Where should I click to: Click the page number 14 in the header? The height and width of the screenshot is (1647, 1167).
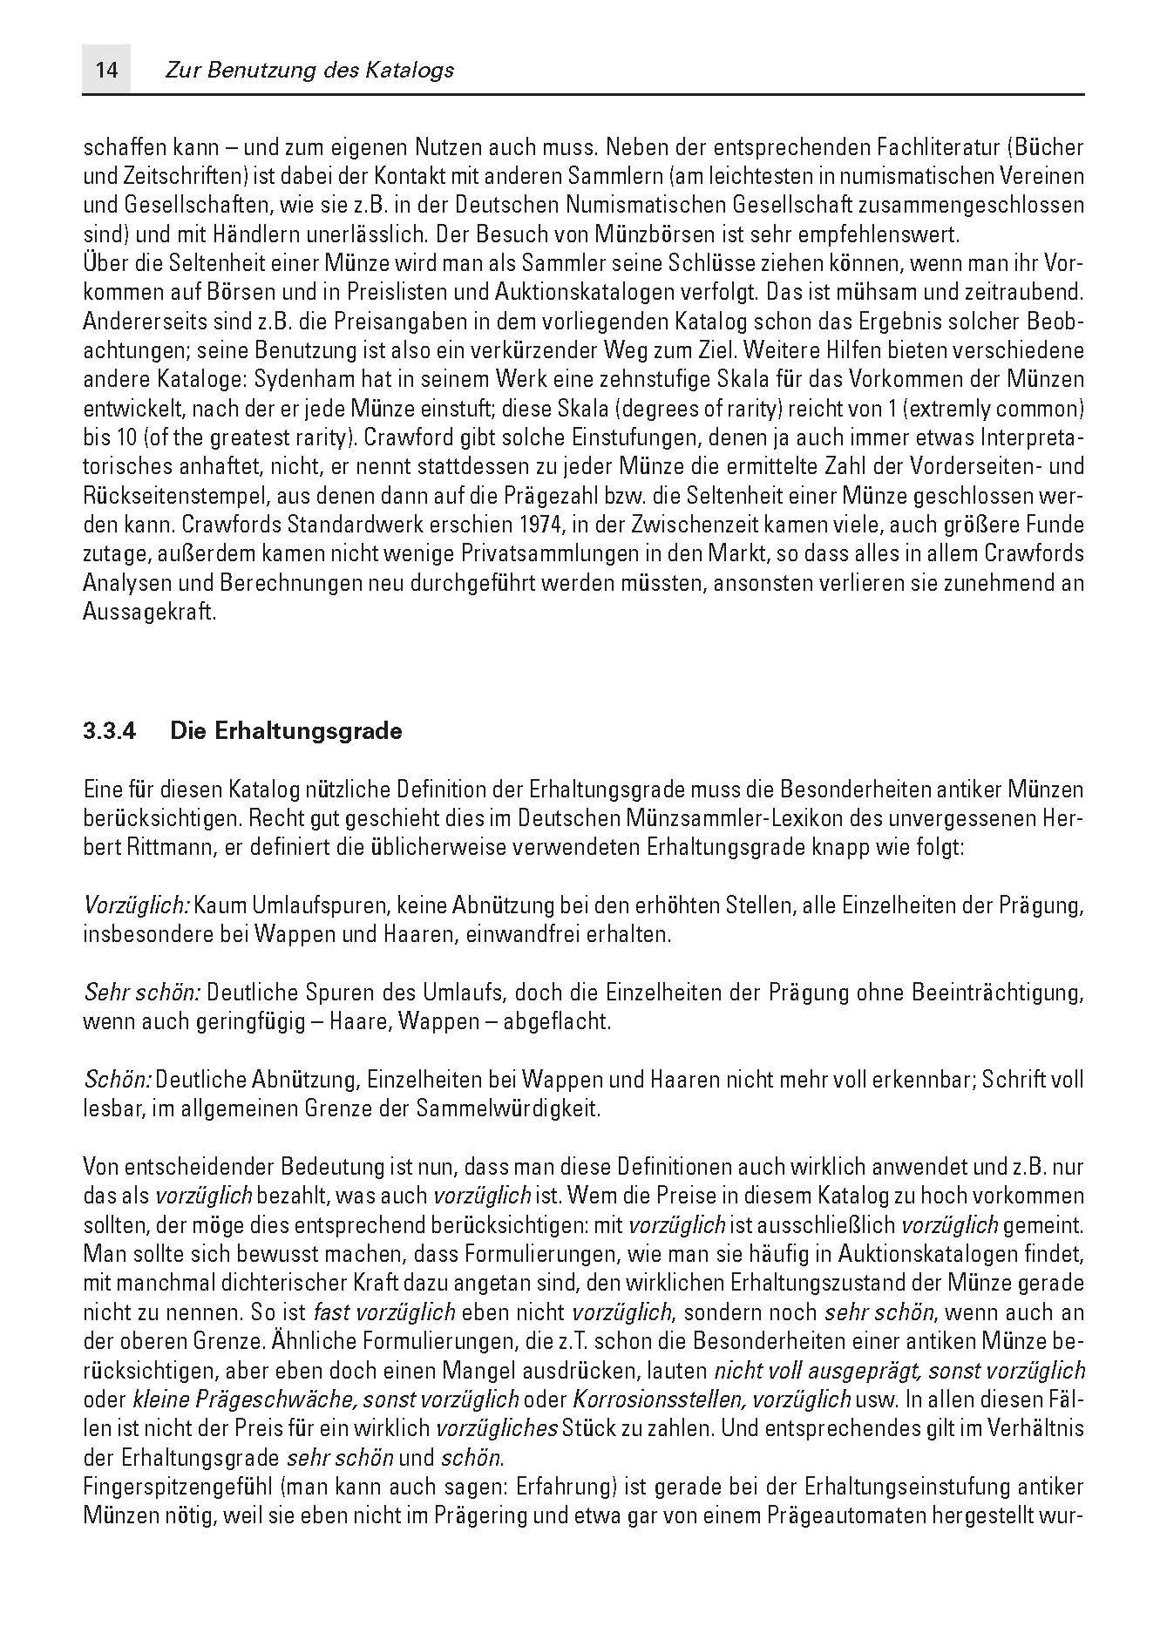coord(106,70)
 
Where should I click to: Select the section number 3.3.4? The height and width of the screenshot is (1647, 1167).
coord(111,731)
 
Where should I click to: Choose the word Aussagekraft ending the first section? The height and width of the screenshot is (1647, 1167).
coord(148,612)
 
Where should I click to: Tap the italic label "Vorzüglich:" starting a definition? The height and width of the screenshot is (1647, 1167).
coord(136,905)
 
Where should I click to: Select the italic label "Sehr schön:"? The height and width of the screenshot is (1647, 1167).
coord(142,993)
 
